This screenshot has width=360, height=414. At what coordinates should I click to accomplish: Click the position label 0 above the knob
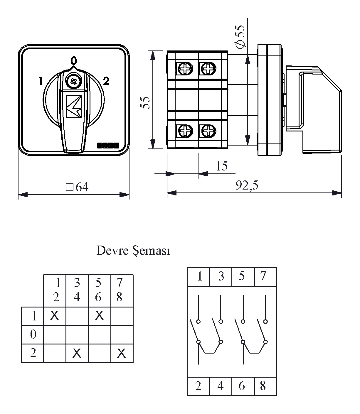[x=74, y=60]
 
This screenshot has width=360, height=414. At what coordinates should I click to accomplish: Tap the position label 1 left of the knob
[x=40, y=81]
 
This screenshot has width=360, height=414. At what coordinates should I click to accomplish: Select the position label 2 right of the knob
[x=106, y=81]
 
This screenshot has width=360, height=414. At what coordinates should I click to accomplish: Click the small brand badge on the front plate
[x=108, y=145]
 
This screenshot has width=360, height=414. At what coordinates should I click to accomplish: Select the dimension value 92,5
[x=247, y=185]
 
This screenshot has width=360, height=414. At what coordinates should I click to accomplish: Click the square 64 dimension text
[x=77, y=187]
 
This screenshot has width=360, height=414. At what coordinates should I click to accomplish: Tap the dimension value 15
[x=222, y=166]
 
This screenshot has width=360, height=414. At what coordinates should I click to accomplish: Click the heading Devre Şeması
[x=133, y=251]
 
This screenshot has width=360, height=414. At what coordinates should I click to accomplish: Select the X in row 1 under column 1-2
[x=55, y=316]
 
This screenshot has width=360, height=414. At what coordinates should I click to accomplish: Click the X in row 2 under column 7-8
[x=121, y=353]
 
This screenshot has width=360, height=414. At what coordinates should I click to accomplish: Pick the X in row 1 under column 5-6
[x=99, y=316]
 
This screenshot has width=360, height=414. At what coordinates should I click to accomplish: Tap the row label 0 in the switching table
[x=33, y=334]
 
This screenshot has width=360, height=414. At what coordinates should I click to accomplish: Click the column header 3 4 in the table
[x=77, y=290]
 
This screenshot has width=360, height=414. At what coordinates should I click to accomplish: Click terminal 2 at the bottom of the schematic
[x=198, y=386]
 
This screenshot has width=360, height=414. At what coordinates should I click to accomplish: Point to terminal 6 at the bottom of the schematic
[x=242, y=386]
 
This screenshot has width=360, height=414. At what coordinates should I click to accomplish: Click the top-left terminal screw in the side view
[x=185, y=69]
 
